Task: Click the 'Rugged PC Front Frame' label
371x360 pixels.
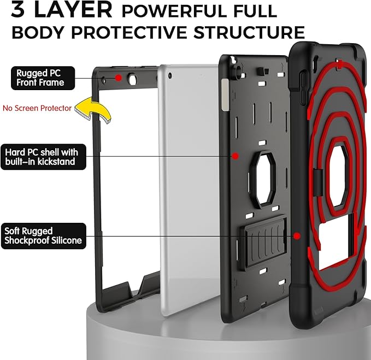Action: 43,78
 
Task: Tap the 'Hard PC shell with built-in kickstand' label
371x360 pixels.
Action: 43,157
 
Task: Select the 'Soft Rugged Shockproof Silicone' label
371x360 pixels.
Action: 44,236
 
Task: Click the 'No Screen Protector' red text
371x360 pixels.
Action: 37,108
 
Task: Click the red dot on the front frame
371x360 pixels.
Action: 119,78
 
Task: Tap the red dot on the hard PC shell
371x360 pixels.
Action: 235,156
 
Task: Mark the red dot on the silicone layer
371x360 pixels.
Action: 297,236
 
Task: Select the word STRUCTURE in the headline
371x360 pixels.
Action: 249,32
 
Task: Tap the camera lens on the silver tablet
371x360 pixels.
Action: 170,76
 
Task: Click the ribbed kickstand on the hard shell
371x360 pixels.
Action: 263,241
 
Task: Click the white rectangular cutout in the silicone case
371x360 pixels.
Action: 335,246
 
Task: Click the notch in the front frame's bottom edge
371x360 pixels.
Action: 135,287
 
